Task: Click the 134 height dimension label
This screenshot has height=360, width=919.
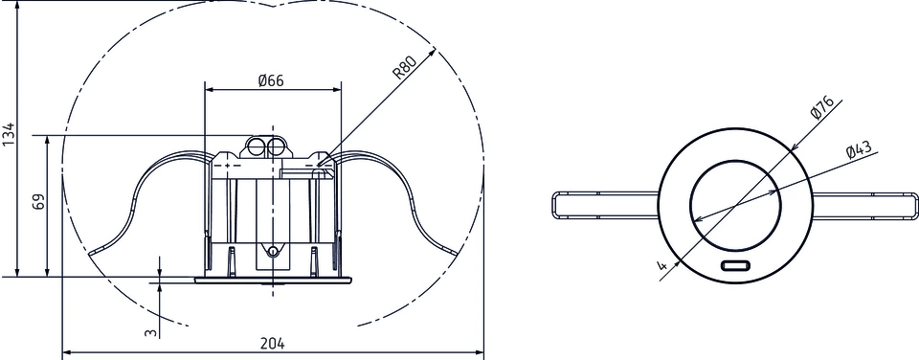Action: tap(9, 135)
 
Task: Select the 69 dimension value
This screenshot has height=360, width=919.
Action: tap(38, 203)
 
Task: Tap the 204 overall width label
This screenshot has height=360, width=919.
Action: tap(274, 343)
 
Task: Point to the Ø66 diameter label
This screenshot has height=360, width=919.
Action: tap(271, 80)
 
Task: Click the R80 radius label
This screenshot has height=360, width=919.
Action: tap(404, 66)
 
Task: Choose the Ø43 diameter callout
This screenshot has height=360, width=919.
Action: tap(860, 149)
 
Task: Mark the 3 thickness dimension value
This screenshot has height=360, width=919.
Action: tap(151, 333)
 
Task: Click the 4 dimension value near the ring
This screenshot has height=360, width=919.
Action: tap(661, 265)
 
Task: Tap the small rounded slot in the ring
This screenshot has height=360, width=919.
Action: tap(735, 265)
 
